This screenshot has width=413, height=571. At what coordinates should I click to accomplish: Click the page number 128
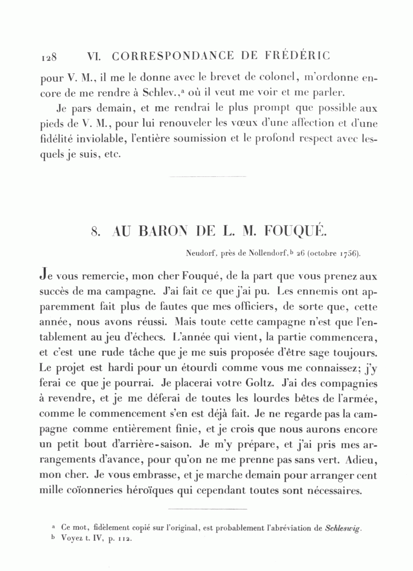(49, 57)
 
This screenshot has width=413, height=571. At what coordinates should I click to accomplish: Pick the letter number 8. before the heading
(95, 232)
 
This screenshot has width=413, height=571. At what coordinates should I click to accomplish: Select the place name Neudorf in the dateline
(200, 252)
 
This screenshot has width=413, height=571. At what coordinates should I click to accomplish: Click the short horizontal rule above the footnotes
(208, 509)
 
